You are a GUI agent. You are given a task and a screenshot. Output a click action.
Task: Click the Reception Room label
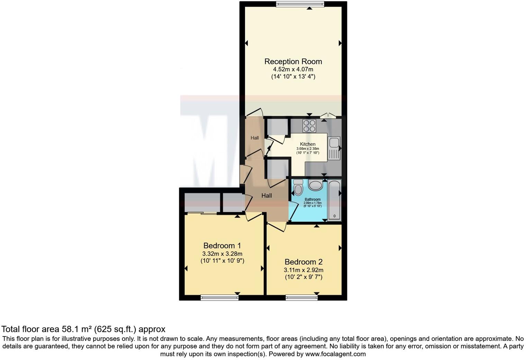[293, 62]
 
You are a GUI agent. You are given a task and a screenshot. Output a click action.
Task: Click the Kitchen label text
[308, 144]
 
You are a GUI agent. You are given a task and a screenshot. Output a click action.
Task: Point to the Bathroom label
[312, 199]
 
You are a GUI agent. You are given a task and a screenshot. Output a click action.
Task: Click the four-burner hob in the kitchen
[309, 126]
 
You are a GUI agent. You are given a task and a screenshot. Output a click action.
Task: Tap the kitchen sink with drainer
[334, 148]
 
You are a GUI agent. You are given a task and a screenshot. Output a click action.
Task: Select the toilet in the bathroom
[298, 188]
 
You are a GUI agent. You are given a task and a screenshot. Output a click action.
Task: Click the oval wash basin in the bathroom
[315, 186]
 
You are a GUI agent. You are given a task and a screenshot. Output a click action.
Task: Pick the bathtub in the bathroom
[334, 200]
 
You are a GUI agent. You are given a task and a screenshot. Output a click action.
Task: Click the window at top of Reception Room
[300, 4]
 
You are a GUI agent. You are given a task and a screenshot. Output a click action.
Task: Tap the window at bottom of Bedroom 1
[219, 297]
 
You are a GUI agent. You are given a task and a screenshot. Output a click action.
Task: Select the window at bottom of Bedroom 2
[301, 297]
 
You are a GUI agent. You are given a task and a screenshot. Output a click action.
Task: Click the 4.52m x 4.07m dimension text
[293, 70]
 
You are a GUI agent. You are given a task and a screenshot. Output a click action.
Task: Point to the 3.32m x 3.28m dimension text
[222, 254]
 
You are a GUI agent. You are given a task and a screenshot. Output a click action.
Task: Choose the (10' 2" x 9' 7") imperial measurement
[303, 277]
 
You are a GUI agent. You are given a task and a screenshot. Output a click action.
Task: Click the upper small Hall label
[255, 138]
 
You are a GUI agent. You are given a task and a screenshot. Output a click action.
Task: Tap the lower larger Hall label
[266, 196]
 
